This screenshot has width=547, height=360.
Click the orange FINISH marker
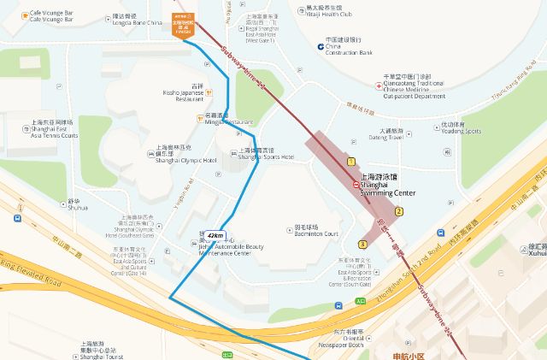pos(182,23)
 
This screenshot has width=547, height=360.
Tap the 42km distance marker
pos(215,235)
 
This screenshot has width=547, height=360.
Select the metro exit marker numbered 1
pos(350,161)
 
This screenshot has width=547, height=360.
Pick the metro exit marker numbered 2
pos(399,210)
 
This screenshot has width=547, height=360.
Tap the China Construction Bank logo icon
pos(319,46)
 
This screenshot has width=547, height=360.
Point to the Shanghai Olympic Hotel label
pos(186,155)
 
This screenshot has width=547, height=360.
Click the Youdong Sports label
pos(461,128)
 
